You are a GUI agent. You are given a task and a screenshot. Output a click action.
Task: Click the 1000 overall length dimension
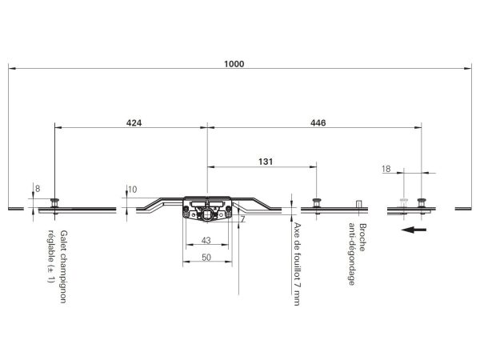234,64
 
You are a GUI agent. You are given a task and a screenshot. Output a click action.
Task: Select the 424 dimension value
134,122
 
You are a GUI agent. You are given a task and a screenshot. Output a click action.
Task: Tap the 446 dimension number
318,122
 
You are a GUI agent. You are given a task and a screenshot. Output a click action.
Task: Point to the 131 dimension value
266,162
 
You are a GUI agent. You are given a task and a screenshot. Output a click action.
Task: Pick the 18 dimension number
386,169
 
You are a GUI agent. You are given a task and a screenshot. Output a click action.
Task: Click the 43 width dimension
206,240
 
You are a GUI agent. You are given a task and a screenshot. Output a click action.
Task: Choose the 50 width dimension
206,258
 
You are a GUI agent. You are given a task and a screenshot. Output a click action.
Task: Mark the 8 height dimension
38,189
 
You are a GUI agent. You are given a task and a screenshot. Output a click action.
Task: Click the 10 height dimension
132,190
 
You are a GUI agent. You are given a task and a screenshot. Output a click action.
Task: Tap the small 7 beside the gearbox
242,219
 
